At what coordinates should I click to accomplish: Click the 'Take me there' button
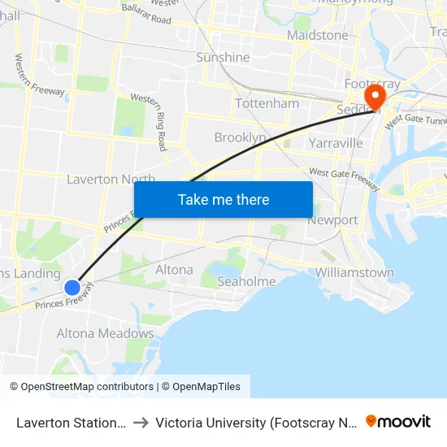223,199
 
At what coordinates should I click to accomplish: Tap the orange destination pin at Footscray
375,98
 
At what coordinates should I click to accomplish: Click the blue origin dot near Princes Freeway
72,287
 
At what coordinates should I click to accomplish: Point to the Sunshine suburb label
223,58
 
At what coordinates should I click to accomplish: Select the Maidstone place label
317,36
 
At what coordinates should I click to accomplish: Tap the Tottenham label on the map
267,104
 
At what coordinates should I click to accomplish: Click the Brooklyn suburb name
240,138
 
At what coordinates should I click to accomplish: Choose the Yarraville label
336,144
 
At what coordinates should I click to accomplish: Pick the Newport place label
332,220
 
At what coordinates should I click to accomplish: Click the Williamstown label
354,273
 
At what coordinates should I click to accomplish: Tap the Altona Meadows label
105,333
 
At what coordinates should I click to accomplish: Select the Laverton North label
111,179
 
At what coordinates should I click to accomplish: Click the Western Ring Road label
151,122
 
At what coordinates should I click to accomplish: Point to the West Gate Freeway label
343,177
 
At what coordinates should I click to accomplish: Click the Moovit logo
398,421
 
